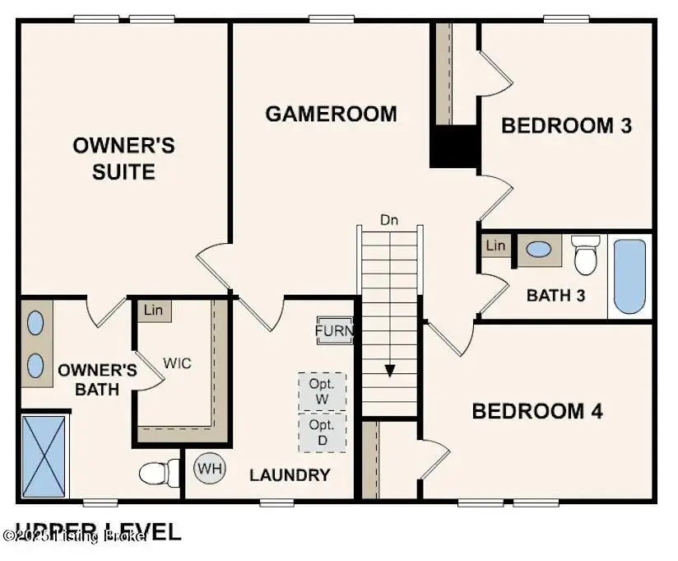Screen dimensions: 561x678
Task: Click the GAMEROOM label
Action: pyautogui.click(x=331, y=114)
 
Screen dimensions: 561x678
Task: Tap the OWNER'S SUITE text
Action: pyautogui.click(x=124, y=159)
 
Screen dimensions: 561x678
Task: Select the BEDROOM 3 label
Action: pyautogui.click(x=566, y=125)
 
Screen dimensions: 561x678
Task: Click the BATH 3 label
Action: pyautogui.click(x=555, y=294)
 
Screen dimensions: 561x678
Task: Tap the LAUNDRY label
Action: pyautogui.click(x=290, y=475)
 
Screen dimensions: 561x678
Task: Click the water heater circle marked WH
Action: pyautogui.click(x=209, y=469)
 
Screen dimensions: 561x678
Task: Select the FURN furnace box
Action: pyautogui.click(x=335, y=331)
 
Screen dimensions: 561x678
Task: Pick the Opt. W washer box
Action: pyautogui.click(x=322, y=390)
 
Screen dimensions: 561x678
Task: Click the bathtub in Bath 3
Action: pyautogui.click(x=629, y=276)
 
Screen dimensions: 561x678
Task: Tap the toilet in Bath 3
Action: pyautogui.click(x=586, y=255)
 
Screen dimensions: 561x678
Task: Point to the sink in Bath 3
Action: pyautogui.click(x=539, y=249)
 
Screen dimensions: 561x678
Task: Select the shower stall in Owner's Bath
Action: pyautogui.click(x=44, y=456)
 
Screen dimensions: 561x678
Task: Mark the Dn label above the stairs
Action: pyautogui.click(x=389, y=220)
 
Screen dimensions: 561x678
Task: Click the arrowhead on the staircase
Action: pyautogui.click(x=390, y=370)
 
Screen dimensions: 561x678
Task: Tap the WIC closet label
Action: pyautogui.click(x=177, y=363)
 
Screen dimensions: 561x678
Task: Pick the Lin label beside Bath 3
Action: pyautogui.click(x=495, y=245)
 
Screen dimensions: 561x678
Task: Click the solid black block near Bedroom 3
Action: pyautogui.click(x=454, y=147)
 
